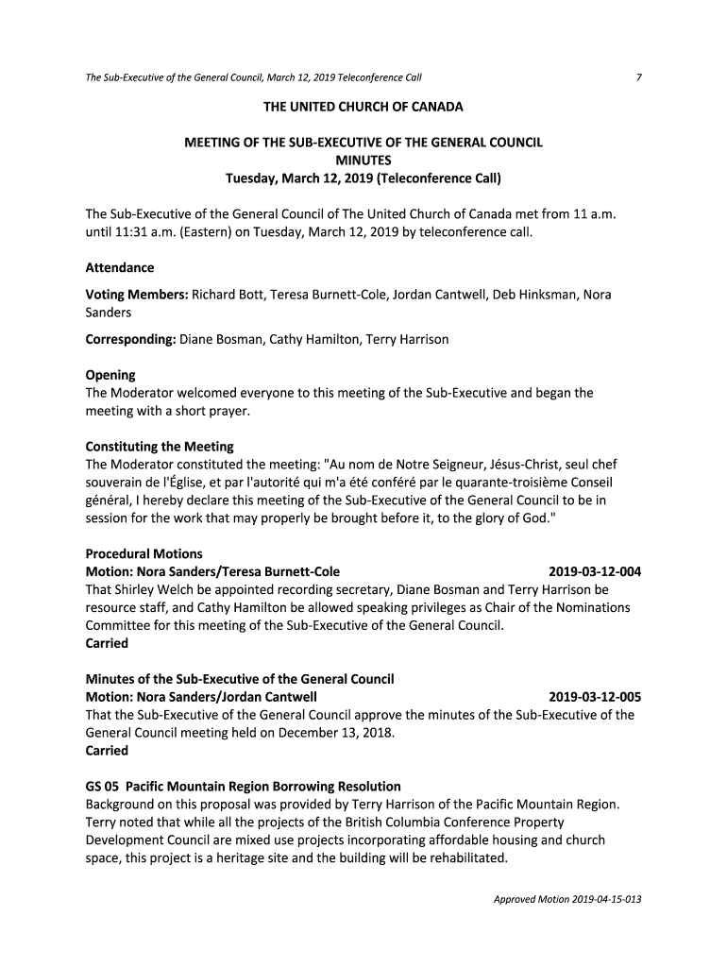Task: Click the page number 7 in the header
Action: (x=639, y=76)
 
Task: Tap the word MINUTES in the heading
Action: (x=363, y=160)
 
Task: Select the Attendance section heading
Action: (x=120, y=268)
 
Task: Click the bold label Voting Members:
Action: (x=137, y=295)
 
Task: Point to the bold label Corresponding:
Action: (x=130, y=339)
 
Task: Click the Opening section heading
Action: (x=110, y=375)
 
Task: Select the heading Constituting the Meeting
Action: (x=160, y=447)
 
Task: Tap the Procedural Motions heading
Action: (x=144, y=554)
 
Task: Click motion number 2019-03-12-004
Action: (x=595, y=572)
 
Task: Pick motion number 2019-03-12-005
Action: (x=595, y=698)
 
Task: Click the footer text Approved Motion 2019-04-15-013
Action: (x=567, y=899)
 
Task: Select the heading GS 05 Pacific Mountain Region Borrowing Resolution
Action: (x=244, y=787)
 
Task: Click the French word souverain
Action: (x=116, y=483)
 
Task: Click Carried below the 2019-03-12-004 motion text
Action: (x=107, y=644)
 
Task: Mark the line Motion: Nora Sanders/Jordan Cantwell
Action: (x=209, y=698)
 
